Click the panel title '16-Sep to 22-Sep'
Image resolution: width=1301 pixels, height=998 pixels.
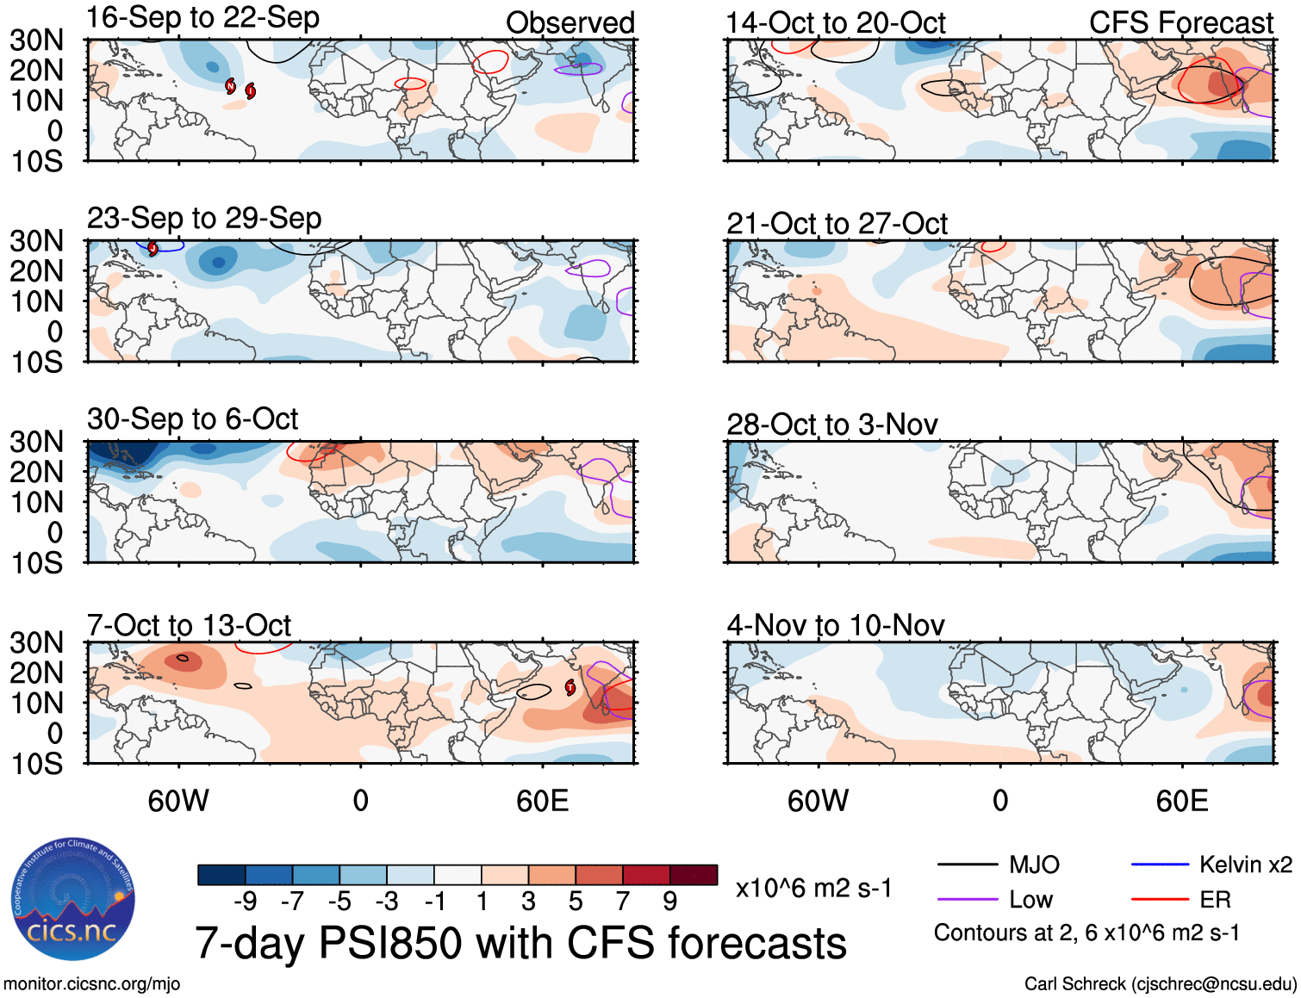(203, 18)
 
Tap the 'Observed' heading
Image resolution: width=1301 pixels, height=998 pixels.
(570, 23)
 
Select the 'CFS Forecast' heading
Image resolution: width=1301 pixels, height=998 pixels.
(1180, 23)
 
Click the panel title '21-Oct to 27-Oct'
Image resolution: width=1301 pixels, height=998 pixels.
(837, 224)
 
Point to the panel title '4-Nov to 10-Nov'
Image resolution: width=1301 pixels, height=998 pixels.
(835, 625)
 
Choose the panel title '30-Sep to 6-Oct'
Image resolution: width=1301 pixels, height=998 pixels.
(192, 419)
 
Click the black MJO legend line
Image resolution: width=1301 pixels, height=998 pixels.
(967, 865)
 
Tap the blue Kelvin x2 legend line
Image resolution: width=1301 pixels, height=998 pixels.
(1160, 865)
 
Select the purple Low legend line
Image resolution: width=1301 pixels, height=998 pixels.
(967, 900)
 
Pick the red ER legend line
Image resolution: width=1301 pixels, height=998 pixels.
(1160, 900)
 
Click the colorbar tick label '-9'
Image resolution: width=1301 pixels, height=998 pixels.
(246, 902)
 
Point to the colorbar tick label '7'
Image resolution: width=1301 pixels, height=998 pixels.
(623, 902)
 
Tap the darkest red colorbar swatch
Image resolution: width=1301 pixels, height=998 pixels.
(694, 875)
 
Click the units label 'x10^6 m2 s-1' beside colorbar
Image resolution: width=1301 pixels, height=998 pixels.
(813, 889)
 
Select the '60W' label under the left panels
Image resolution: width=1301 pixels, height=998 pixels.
(178, 801)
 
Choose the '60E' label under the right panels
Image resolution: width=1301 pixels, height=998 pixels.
(1181, 801)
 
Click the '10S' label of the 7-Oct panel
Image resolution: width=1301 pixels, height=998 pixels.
(37, 764)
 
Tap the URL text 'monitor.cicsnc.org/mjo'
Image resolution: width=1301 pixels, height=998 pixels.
(92, 984)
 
